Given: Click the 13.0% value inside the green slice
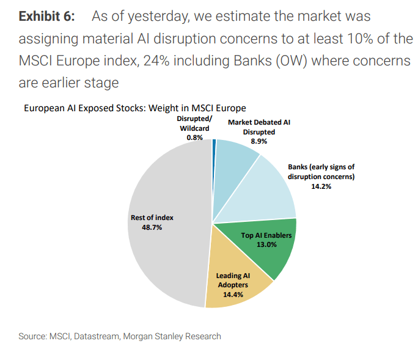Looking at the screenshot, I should [x=267, y=244].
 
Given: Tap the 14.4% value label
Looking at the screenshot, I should [x=233, y=295].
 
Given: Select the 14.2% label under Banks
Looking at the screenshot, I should [x=321, y=186].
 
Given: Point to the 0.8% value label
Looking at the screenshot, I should [x=195, y=138].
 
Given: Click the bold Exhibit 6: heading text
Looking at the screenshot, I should [x=47, y=16].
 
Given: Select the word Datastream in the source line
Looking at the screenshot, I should [x=98, y=336].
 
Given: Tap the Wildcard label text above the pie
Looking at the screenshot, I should [x=195, y=128].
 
